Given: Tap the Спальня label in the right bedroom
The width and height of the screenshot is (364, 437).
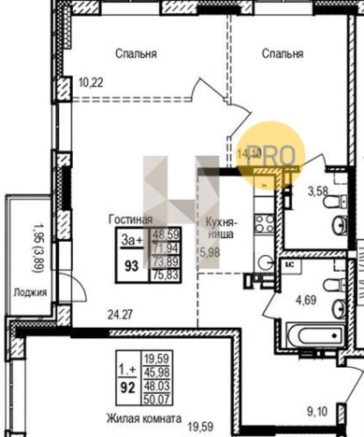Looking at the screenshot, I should pos(282,53).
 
